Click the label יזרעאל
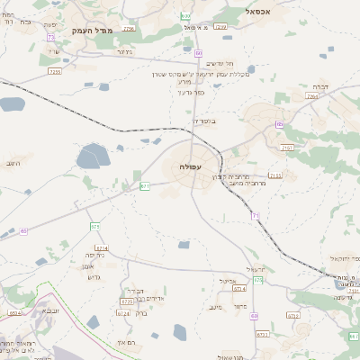click(256, 269)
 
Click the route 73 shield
click(51, 37)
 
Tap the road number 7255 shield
click(56, 71)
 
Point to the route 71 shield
click(256, 216)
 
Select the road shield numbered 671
click(145, 186)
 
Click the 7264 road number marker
click(312, 96)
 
